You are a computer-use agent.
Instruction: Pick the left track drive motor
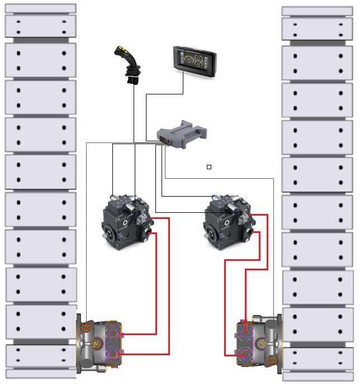[100, 344]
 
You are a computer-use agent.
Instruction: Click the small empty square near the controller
[209, 167]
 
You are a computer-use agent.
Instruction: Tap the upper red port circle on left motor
[113, 334]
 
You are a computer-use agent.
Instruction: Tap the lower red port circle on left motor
[113, 354]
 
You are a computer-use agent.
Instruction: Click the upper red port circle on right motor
[246, 334]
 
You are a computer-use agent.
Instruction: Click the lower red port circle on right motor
[246, 354]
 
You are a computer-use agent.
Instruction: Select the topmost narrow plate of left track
[40, 8]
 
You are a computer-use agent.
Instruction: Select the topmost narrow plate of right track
[317, 11]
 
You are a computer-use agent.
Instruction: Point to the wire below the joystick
[134, 112]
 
